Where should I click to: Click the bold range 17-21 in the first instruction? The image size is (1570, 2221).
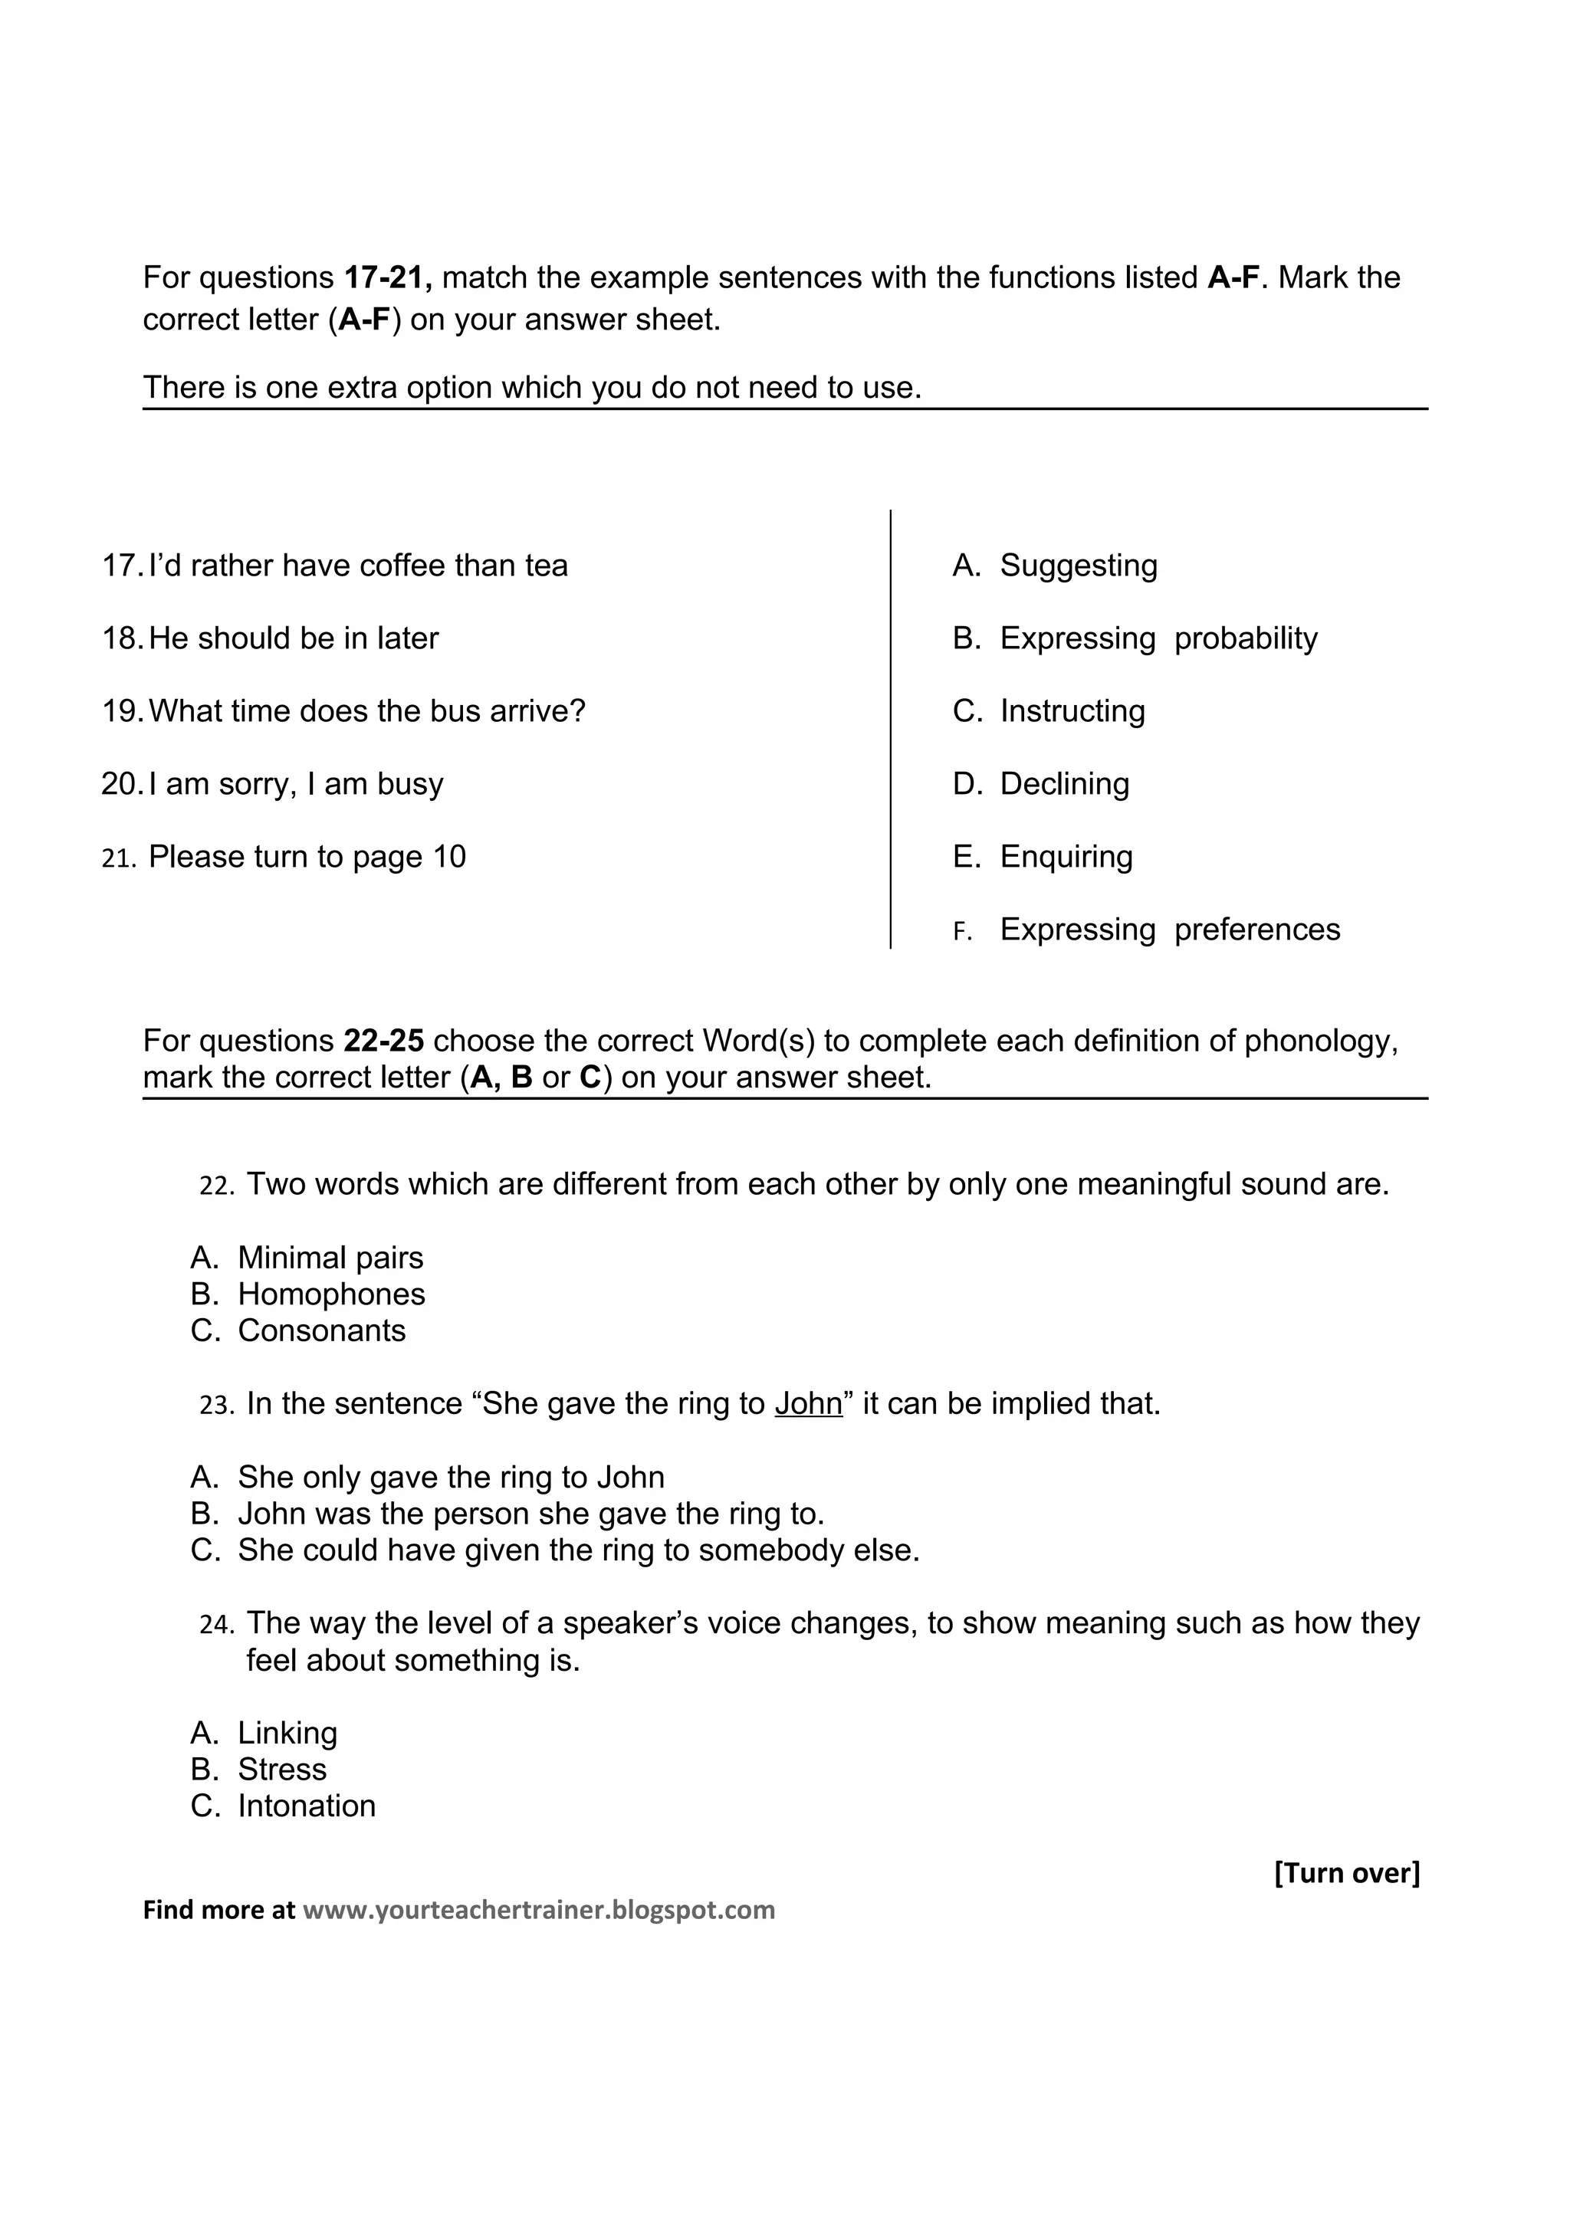coord(388,277)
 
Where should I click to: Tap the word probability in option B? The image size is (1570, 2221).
coord(1245,638)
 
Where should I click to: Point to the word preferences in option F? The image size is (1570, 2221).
coord(1256,930)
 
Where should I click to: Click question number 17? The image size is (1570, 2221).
coord(122,566)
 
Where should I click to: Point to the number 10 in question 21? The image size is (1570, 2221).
coord(449,857)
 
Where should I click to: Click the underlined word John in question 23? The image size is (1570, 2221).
coord(808,1403)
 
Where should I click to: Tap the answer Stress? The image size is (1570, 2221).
coord(281,1770)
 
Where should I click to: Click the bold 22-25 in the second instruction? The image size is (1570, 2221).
coord(383,1041)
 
